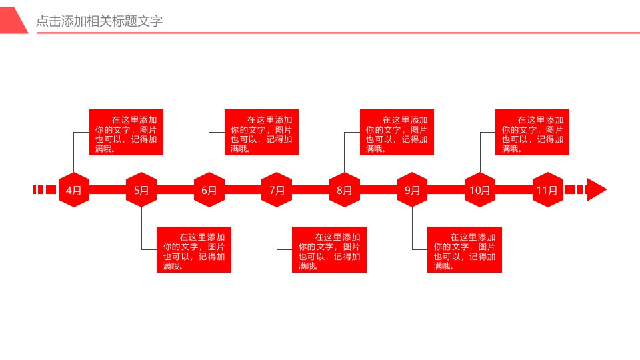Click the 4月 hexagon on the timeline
(x=74, y=190)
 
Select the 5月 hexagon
(x=141, y=190)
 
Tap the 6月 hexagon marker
(x=209, y=190)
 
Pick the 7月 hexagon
(x=277, y=190)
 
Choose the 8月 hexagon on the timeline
(x=345, y=190)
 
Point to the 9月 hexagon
(x=412, y=190)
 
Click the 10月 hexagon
(x=480, y=190)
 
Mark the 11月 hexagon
(x=548, y=190)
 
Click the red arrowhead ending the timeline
(x=597, y=189)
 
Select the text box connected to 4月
(x=126, y=132)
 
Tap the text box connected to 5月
(x=194, y=249)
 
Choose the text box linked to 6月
(x=261, y=132)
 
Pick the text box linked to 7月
(x=329, y=249)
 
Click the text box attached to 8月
(x=397, y=132)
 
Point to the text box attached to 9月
(x=465, y=249)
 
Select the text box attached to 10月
(x=532, y=132)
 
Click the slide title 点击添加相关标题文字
(x=99, y=21)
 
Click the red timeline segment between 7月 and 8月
(x=311, y=190)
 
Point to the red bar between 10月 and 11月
(x=514, y=190)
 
